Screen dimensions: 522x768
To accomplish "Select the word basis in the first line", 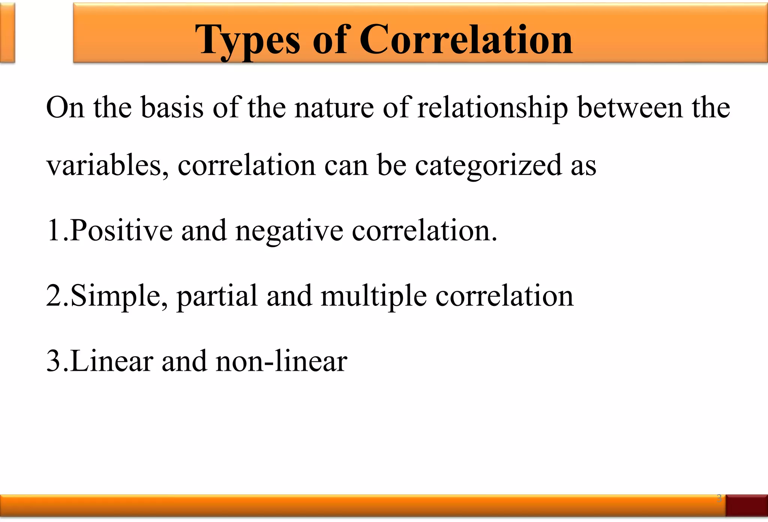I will click(172, 108).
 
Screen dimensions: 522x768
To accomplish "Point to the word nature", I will click(334, 108).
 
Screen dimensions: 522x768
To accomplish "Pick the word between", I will click(630, 108).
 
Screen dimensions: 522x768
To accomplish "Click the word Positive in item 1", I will click(121, 230).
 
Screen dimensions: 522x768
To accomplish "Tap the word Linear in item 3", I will click(112, 361).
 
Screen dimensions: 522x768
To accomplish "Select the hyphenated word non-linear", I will click(282, 361).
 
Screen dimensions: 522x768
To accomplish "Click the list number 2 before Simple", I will click(54, 296).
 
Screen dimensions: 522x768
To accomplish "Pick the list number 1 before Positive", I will click(53, 230).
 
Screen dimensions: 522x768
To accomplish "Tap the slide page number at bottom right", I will click(719, 498).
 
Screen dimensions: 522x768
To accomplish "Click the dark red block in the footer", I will click(747, 505).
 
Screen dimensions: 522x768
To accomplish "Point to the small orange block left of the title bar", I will click(7, 33).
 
